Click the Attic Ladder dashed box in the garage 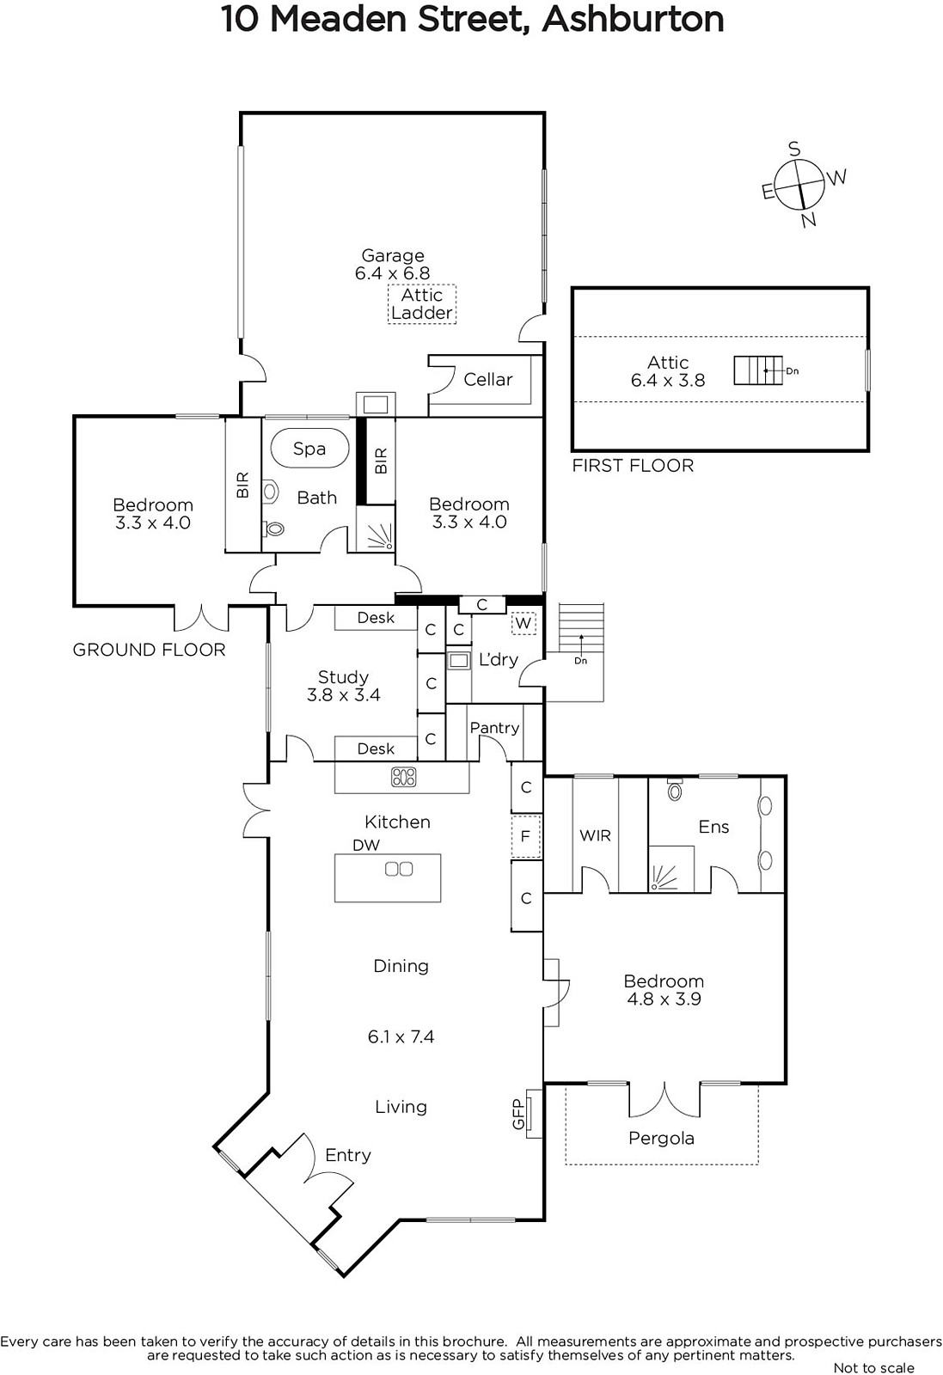(x=422, y=304)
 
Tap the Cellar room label (x=487, y=379)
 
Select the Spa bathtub (x=310, y=448)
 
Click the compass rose (x=798, y=185)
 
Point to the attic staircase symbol (x=758, y=370)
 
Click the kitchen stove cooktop (x=403, y=777)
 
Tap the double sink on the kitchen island (x=399, y=869)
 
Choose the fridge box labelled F (x=525, y=836)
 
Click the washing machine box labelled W (x=523, y=623)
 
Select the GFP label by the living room (x=517, y=1114)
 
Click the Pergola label (x=661, y=1139)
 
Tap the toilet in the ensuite (x=675, y=790)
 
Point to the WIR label (x=595, y=835)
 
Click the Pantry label (x=494, y=727)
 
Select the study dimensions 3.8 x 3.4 (x=343, y=695)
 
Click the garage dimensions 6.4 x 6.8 (x=392, y=273)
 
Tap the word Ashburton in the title (x=633, y=19)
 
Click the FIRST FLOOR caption (x=633, y=466)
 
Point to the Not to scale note (x=874, y=1367)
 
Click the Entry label (x=348, y=1155)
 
